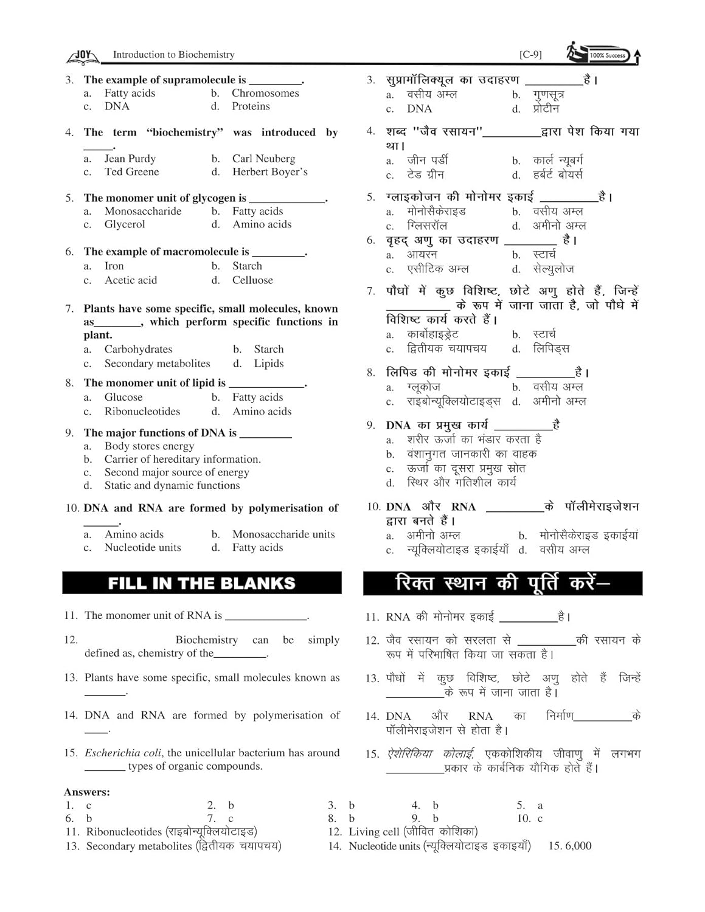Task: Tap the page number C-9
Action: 530,55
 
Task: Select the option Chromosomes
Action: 265,93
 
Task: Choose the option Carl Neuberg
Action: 263,159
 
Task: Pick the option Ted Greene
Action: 131,171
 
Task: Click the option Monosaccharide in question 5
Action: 143,211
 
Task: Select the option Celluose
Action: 252,280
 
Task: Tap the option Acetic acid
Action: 131,280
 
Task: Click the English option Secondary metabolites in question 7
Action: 157,364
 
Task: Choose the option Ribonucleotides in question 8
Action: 142,412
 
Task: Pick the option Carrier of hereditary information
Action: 182,459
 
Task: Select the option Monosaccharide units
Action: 283,534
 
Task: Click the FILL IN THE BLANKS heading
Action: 201,583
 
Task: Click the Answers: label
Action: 87,792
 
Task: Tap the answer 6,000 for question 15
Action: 578,846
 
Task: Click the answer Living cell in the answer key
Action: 373,832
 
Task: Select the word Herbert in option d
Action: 251,172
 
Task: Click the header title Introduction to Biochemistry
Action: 173,55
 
